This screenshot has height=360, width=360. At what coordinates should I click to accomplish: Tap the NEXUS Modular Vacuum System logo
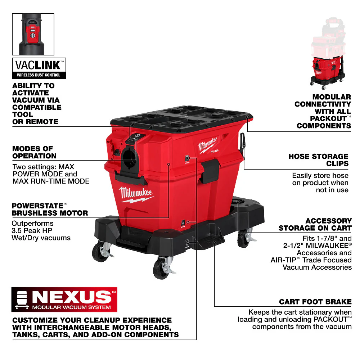(x=64, y=299)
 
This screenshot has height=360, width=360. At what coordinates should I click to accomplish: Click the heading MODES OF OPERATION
(x=34, y=152)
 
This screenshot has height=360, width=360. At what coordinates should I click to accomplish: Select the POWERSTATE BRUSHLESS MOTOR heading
(x=50, y=209)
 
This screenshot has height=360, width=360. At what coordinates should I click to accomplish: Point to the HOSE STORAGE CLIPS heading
(x=318, y=160)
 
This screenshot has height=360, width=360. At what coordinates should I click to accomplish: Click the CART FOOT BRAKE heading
(x=315, y=302)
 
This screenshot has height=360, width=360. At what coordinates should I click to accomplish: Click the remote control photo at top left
(x=33, y=34)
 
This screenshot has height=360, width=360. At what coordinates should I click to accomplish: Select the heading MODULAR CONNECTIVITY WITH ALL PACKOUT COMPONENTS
(x=322, y=111)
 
